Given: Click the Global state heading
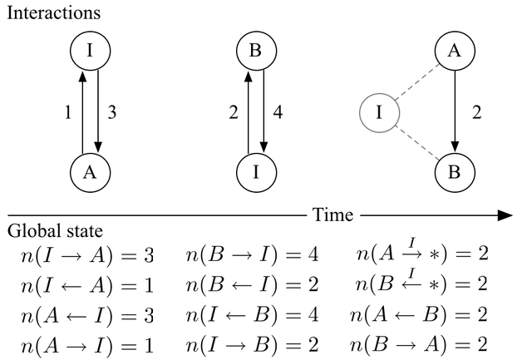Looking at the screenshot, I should (55, 231).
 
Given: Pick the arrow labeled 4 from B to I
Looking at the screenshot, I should (264, 112).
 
